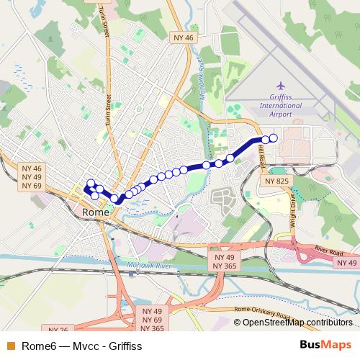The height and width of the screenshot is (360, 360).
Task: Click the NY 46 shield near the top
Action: [x=184, y=37]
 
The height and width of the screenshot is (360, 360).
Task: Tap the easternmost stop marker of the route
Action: [x=273, y=138]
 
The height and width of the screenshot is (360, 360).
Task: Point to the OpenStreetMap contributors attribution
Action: [x=298, y=322]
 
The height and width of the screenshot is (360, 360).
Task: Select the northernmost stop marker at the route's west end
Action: [x=91, y=184]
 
